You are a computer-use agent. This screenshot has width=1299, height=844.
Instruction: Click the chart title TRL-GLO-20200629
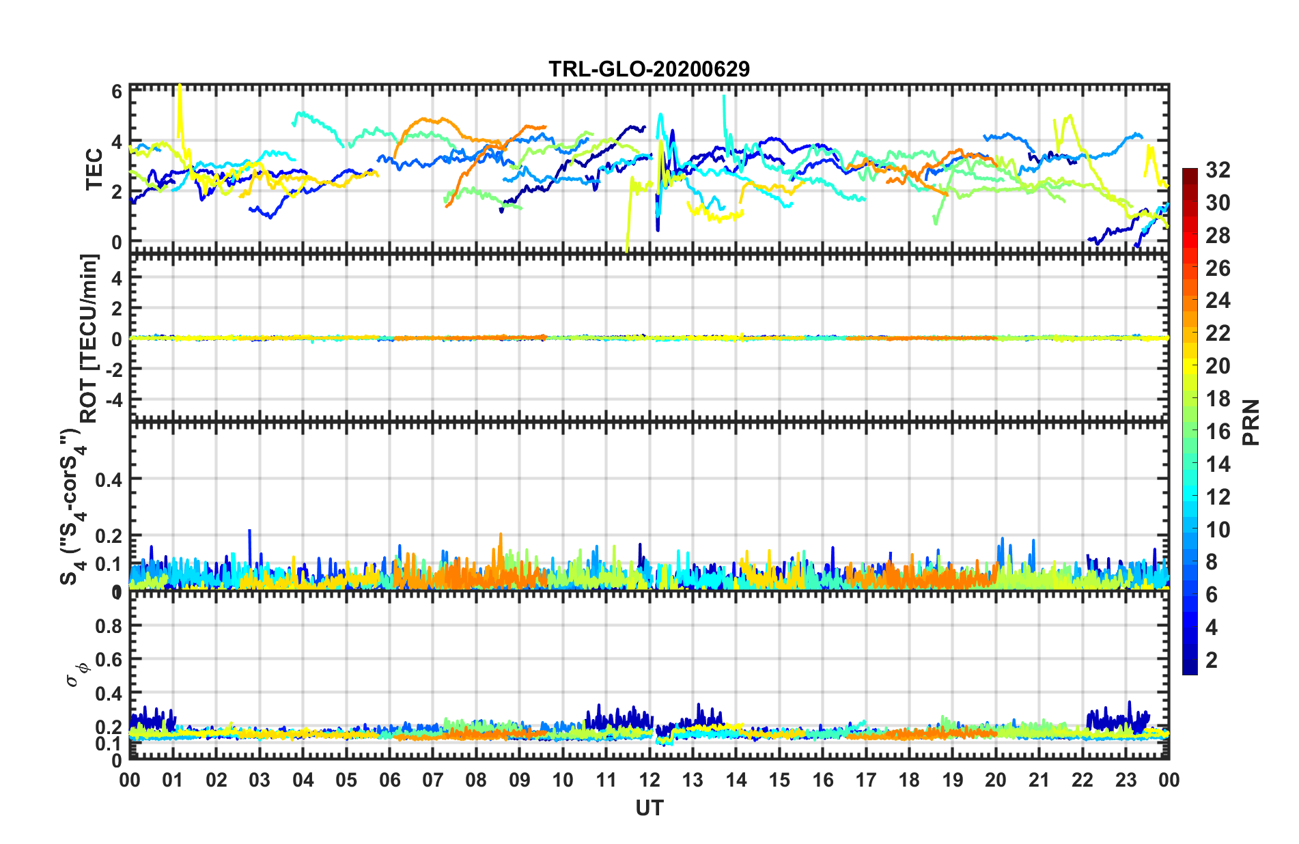point(649,69)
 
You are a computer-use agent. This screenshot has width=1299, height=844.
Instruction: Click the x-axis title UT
point(649,808)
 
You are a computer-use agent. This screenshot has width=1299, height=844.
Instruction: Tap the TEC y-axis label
point(94,169)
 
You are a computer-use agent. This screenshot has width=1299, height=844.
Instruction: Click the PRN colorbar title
point(1251,422)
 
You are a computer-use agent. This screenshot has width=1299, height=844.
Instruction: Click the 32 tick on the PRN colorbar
point(1218,170)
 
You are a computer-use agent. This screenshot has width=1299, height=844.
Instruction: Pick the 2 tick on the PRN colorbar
point(1212,660)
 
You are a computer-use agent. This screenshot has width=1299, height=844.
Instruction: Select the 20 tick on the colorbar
point(1218,366)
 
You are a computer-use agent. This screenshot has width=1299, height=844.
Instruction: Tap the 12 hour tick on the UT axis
point(649,780)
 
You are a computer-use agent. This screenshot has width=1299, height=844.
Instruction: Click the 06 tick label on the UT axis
point(389,780)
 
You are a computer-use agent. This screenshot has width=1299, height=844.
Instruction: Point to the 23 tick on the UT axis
point(1126,780)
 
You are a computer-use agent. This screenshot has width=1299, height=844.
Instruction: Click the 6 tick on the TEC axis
point(117,92)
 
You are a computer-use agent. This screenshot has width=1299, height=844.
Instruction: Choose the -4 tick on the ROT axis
point(113,399)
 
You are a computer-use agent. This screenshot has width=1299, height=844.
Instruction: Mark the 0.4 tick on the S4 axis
point(109,480)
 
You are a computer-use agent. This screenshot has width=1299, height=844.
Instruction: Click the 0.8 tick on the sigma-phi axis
point(109,626)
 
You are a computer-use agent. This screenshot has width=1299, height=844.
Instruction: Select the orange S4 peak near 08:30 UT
point(501,536)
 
